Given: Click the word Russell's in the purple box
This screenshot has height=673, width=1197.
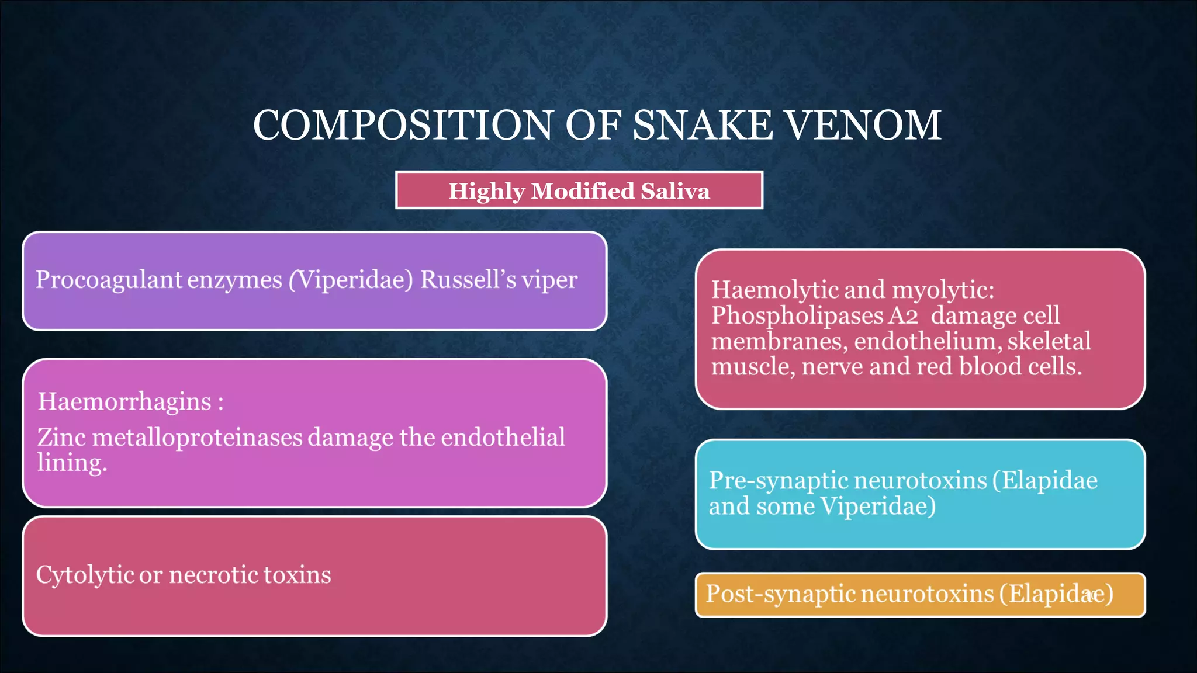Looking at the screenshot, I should [x=468, y=280].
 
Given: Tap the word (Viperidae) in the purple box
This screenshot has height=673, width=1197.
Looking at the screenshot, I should [x=351, y=280].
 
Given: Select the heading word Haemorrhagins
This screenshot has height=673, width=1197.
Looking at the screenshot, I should [x=124, y=401].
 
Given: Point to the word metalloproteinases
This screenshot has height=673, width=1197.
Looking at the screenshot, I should [x=197, y=437].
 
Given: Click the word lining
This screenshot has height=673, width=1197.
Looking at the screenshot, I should [x=72, y=463].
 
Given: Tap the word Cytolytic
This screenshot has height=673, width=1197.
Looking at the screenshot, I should [x=85, y=575].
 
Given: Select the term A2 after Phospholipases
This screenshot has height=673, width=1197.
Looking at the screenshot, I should [x=903, y=315].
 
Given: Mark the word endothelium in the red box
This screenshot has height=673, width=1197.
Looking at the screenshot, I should [x=928, y=341].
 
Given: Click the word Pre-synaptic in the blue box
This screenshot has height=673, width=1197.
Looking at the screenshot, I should [x=777, y=480].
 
